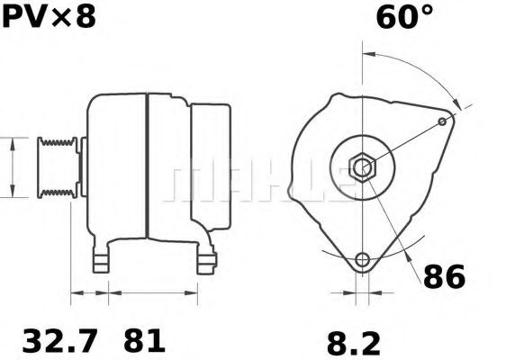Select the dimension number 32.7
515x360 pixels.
[x=59, y=341]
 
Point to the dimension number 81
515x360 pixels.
[x=144, y=341]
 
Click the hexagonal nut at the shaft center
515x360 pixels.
[x=362, y=166]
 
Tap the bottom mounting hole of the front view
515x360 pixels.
[x=362, y=260]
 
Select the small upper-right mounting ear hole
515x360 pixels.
[x=441, y=121]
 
